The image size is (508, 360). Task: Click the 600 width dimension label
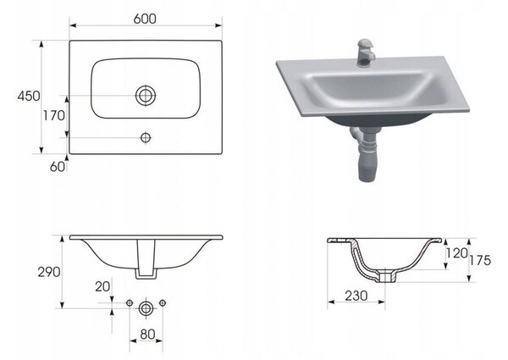pyautogui.click(x=145, y=19)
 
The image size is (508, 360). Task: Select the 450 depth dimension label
pyautogui.click(x=29, y=96)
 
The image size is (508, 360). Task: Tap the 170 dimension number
pyautogui.click(x=54, y=115)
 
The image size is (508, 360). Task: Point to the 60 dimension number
pyautogui.click(x=58, y=167)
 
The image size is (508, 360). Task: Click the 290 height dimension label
pyautogui.click(x=49, y=272)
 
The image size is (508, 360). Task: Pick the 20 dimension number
pyautogui.click(x=102, y=286)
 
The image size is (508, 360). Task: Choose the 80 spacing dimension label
pyautogui.click(x=147, y=334)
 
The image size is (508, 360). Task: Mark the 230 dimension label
pyautogui.click(x=356, y=296)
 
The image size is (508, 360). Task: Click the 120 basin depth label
pyautogui.click(x=457, y=253)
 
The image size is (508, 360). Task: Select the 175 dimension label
pyautogui.click(x=480, y=260)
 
